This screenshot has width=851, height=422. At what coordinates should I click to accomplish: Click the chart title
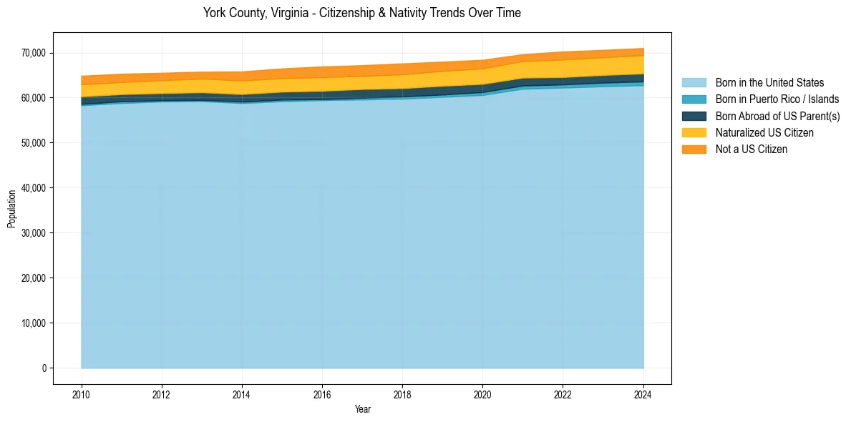[x=361, y=13]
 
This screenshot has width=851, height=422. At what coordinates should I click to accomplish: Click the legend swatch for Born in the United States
[x=694, y=83]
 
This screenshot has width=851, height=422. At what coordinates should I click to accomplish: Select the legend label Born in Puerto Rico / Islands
[x=777, y=99]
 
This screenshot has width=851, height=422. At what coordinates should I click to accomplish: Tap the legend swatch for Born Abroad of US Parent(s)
[x=694, y=116]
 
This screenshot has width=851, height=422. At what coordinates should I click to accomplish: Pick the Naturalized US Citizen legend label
[x=764, y=132]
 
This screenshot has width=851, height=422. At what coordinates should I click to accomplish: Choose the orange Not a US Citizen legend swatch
[x=694, y=149]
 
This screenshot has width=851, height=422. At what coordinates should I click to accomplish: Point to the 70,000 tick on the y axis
[x=34, y=53]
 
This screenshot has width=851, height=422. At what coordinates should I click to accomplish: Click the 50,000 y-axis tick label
[x=34, y=143]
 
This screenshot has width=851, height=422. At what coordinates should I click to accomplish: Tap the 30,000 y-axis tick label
[x=34, y=233]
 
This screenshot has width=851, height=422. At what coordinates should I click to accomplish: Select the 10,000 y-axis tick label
[x=34, y=323]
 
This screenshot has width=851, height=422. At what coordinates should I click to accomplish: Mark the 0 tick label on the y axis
[x=44, y=368]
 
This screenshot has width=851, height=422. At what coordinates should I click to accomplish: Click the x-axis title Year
[x=362, y=409]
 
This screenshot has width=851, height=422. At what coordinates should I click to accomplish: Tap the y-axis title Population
[x=11, y=209]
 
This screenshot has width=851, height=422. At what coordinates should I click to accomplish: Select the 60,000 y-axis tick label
[x=34, y=98]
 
